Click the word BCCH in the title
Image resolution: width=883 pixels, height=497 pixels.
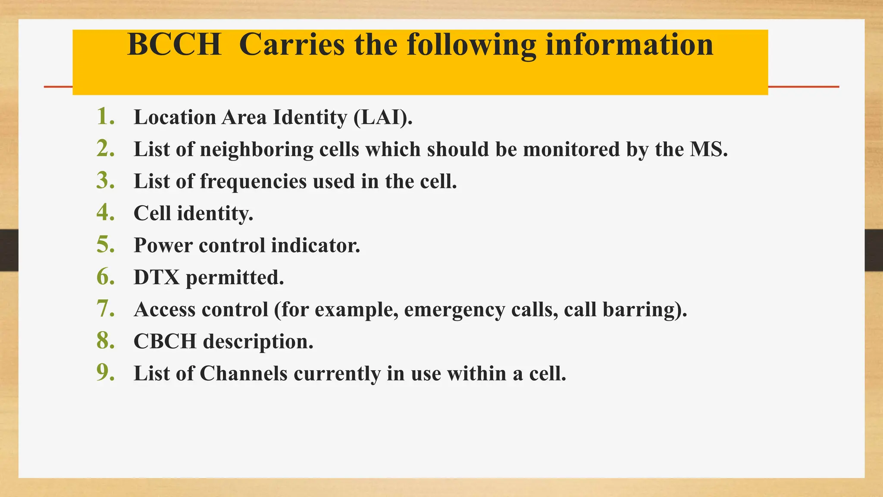tap(174, 45)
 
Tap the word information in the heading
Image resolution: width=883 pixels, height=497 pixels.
tap(629, 45)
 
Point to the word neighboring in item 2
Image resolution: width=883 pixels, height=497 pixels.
tap(257, 150)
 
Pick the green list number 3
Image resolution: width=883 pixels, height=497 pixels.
tap(105, 181)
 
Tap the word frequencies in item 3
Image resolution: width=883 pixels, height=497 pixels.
tap(254, 182)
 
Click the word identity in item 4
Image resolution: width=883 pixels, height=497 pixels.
tap(215, 214)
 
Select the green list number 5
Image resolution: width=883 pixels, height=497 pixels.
tap(105, 245)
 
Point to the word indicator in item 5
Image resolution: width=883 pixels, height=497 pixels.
tap(316, 245)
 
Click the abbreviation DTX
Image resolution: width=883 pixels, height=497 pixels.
tap(157, 277)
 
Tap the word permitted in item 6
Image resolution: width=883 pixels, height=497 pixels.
tap(235, 278)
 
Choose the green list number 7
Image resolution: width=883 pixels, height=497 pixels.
tap(105, 309)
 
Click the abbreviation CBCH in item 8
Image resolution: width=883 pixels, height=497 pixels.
tap(165, 342)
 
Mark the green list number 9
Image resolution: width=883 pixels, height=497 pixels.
tap(105, 373)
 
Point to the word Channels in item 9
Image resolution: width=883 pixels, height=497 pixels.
tap(243, 374)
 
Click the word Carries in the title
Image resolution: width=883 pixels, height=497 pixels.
tap(292, 45)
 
